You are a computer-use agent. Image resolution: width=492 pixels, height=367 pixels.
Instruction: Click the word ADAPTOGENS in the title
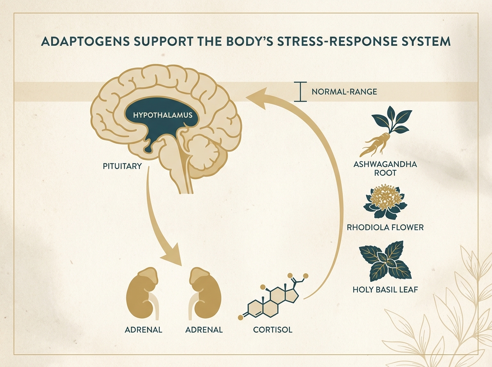coord(85,42)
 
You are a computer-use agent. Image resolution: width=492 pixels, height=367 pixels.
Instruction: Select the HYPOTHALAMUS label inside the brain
coord(163,115)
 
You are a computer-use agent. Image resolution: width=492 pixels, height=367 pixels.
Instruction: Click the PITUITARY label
coord(122,166)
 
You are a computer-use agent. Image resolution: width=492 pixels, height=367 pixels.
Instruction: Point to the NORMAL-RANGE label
coord(344,92)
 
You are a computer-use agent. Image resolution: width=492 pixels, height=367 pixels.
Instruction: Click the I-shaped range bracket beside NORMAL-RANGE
coord(301,92)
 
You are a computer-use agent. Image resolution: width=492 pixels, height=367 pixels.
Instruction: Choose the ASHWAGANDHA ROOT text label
coord(385,169)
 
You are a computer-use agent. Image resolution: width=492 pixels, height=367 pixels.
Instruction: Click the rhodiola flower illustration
coord(385,202)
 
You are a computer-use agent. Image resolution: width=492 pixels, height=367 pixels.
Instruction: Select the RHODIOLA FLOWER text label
coord(385,228)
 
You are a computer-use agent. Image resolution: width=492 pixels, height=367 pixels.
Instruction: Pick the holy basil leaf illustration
coord(385,261)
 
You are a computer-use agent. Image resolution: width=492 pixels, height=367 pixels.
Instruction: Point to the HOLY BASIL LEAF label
coord(385,290)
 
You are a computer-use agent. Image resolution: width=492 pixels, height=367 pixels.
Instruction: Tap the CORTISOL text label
coord(273,330)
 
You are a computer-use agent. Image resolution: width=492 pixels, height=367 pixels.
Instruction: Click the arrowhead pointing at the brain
coord(258,99)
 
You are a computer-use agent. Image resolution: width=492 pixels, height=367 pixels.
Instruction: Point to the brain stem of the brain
coord(179,170)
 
